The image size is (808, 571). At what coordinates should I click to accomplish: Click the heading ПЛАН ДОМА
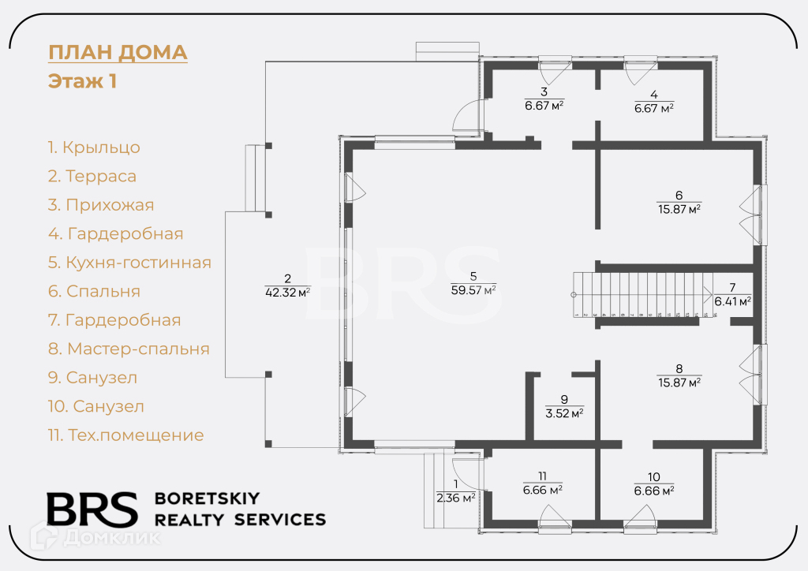pyautogui.click(x=118, y=53)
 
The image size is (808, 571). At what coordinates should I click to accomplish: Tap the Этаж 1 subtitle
pyautogui.click(x=83, y=81)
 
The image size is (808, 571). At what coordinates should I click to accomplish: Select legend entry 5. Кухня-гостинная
pyautogui.click(x=129, y=263)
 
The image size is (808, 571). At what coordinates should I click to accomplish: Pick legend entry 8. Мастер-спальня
pyautogui.click(x=129, y=349)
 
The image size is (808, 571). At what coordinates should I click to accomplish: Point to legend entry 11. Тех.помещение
pyautogui.click(x=125, y=435)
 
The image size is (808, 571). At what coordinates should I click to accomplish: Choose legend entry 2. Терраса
pyautogui.click(x=92, y=176)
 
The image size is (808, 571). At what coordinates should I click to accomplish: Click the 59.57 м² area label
pyautogui.click(x=473, y=290)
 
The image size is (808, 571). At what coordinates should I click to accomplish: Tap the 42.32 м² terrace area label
pyautogui.click(x=287, y=292)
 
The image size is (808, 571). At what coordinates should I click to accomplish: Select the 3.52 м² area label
pyautogui.click(x=564, y=412)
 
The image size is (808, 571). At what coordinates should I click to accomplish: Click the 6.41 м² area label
pyautogui.click(x=732, y=300)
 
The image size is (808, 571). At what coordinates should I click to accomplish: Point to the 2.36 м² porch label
pyautogui.click(x=455, y=498)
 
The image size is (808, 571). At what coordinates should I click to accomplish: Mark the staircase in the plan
pyautogui.click(x=643, y=293)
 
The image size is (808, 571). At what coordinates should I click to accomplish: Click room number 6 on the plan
pyautogui.click(x=679, y=195)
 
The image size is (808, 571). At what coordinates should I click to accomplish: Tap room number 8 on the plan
pyautogui.click(x=679, y=368)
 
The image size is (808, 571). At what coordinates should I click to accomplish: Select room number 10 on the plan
pyautogui.click(x=654, y=476)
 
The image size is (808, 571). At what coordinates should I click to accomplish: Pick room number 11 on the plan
pyautogui.click(x=542, y=476)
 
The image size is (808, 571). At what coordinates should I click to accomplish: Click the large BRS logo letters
pyautogui.click(x=92, y=510)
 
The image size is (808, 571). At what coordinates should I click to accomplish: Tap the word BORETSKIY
pyautogui.click(x=207, y=498)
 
